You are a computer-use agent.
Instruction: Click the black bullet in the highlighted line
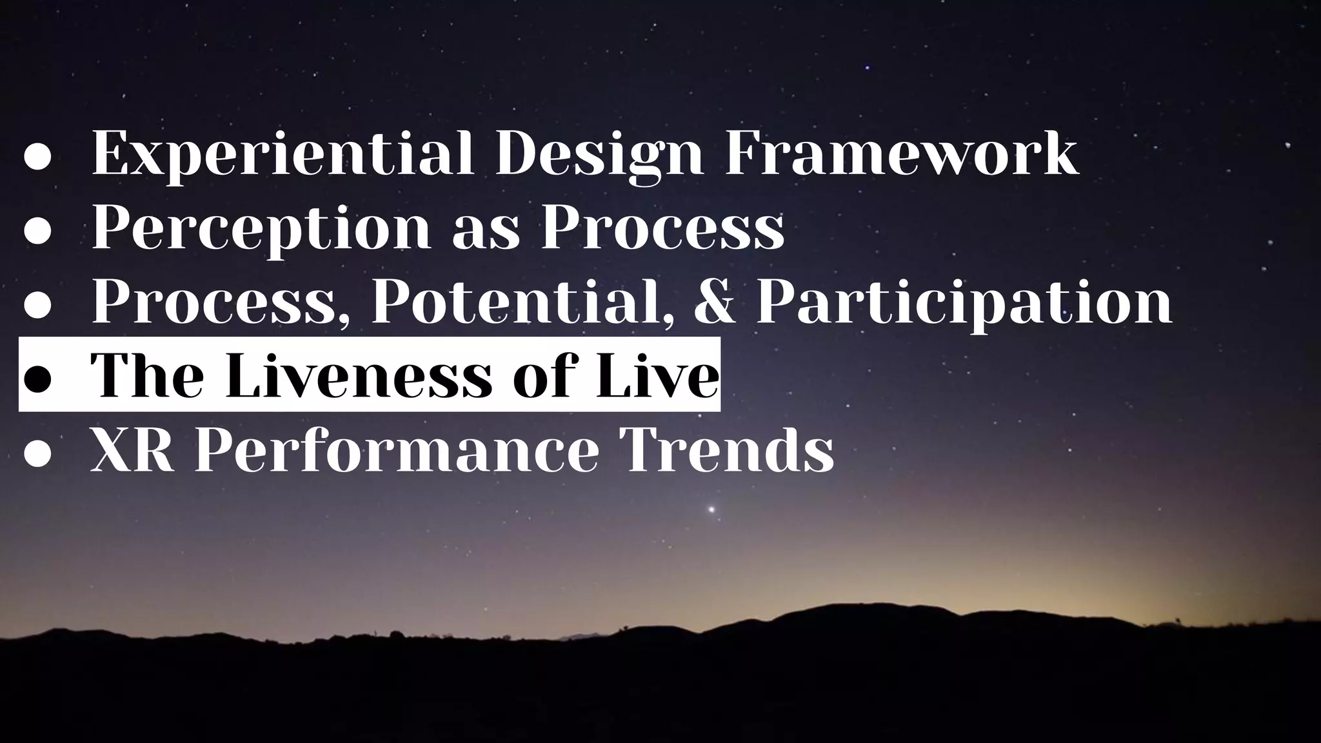click(37, 380)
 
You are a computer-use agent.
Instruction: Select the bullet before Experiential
click(37, 159)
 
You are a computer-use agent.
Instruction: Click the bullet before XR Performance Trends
click(37, 454)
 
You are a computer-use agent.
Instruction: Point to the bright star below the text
click(711, 510)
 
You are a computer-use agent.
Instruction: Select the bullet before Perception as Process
click(37, 232)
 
